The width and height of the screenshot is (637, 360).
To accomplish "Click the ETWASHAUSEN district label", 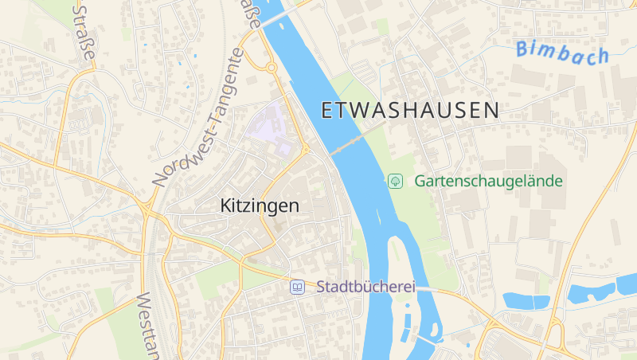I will (410, 111).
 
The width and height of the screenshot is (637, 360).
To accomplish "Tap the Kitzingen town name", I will (260, 205).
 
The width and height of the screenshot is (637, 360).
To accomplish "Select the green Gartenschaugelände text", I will (488, 181).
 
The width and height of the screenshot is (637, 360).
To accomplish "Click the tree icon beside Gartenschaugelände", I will (394, 181).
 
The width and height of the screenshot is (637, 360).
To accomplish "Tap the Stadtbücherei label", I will (366, 286).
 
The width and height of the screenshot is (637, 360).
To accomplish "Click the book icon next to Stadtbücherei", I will (297, 286).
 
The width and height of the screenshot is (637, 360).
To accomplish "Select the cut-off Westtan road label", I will (149, 326).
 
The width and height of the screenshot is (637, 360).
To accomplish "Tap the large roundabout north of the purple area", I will (271, 68).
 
